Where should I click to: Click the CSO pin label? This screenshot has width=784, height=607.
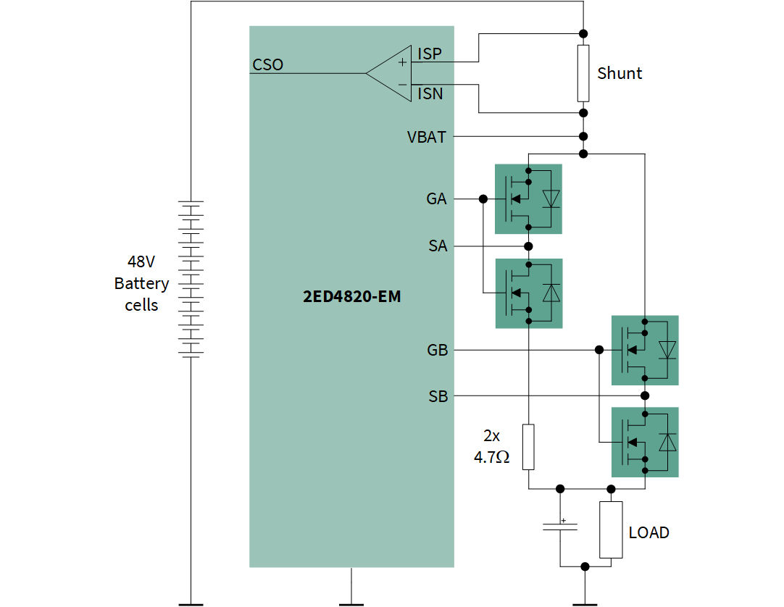267,65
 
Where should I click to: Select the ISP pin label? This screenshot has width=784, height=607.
430,54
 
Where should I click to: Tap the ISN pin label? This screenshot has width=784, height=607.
430,93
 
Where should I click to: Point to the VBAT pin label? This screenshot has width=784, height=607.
427,137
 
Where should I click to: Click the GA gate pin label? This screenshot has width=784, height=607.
436,198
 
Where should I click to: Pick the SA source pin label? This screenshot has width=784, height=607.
438,246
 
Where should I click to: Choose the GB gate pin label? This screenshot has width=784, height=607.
437,351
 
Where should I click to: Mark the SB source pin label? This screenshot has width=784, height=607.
438,396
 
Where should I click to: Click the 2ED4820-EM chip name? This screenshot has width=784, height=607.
351,297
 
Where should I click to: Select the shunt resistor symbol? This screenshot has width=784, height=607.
583,73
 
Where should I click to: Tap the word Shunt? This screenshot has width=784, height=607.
620,73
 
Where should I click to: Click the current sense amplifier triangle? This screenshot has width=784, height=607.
390,72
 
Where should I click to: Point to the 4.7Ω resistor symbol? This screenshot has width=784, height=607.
529,446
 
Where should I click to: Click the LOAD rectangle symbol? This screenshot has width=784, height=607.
611,529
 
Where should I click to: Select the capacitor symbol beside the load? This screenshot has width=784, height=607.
559,526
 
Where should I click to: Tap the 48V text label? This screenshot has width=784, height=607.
141,262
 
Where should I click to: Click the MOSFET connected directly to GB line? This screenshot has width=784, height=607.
645,351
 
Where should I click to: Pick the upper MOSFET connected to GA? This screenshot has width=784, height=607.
528,198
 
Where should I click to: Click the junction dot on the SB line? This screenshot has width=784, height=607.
645,396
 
